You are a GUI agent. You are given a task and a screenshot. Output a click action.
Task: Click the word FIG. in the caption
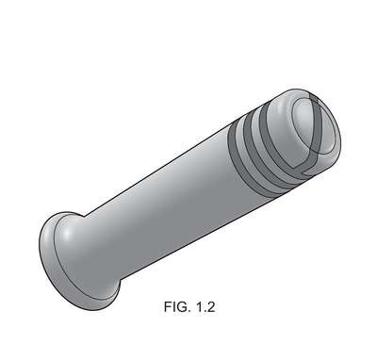click(x=177, y=306)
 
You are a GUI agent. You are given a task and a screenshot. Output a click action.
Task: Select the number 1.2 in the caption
click(x=205, y=306)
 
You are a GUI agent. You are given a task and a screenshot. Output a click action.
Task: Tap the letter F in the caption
click(x=168, y=306)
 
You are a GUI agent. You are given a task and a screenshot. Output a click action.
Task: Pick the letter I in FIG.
click(x=173, y=306)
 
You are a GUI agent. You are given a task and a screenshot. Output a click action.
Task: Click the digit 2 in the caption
click(x=211, y=306)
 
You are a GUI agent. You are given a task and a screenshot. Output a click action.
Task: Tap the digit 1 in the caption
click(x=200, y=306)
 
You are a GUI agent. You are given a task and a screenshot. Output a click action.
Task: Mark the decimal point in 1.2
click(x=205, y=311)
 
